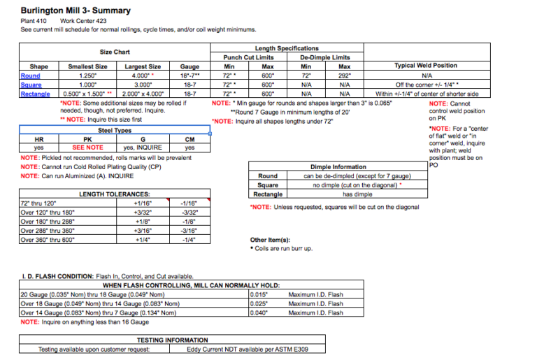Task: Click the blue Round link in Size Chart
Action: coord(31,75)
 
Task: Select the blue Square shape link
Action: coord(31,85)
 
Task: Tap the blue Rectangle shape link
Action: coord(36,94)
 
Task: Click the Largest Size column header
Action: coord(143,66)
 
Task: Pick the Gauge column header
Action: coord(189,66)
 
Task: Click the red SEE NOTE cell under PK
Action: coord(88,147)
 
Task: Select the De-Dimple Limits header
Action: coord(325,57)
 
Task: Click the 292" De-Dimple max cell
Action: coord(345,75)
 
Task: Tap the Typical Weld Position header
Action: coord(426,66)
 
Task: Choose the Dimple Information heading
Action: coord(339,167)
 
